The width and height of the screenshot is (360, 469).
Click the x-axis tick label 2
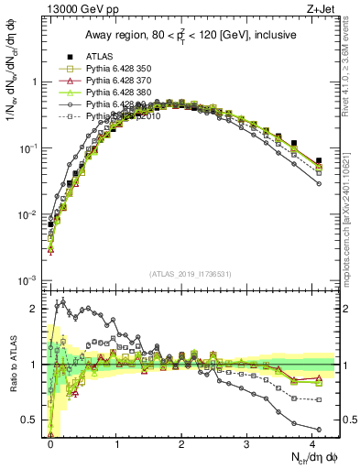click(x=181, y=443)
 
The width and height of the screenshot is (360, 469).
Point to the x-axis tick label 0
click(x=50, y=443)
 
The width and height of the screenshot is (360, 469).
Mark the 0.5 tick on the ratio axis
click(x=33, y=420)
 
